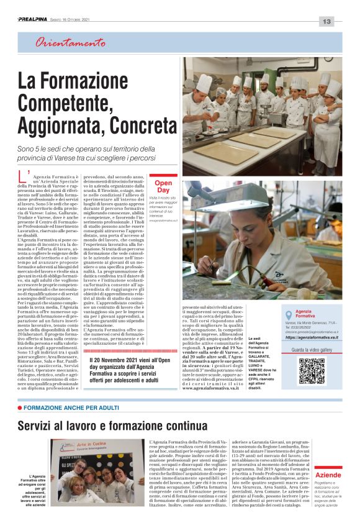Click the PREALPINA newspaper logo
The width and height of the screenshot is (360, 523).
point(35,20)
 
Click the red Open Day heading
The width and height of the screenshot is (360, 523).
point(163,186)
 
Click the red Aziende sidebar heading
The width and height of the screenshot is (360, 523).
point(328,475)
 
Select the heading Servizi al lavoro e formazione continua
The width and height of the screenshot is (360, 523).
point(112,426)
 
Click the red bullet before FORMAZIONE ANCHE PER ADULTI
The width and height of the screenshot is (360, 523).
point(20,407)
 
